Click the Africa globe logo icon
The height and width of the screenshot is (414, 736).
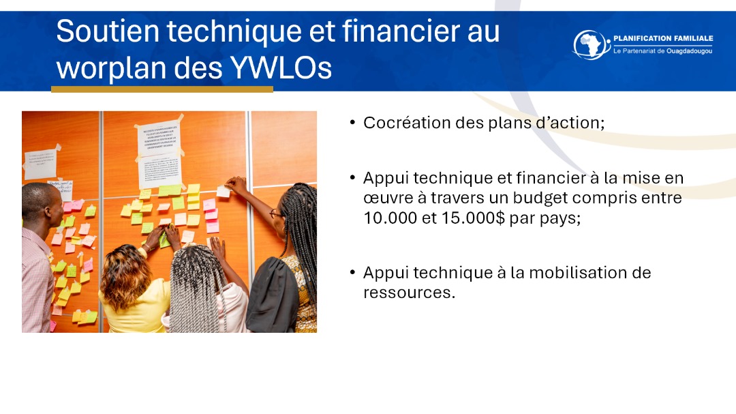coord(591,44)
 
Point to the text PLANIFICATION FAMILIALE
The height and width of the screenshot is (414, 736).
coord(662,38)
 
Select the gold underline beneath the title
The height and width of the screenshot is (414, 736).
coord(162,89)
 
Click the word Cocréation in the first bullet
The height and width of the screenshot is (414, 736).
coord(402,123)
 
